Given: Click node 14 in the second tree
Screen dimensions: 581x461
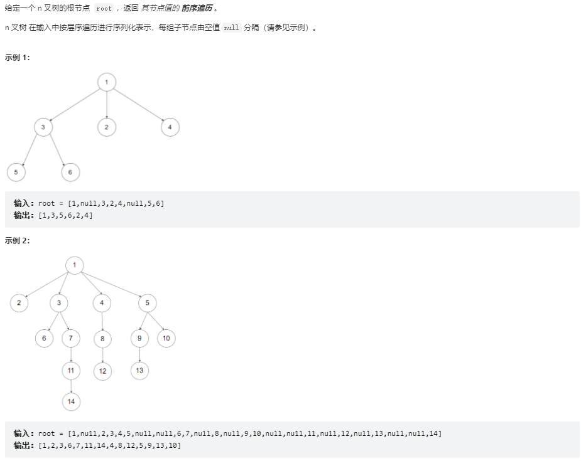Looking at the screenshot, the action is [x=71, y=401].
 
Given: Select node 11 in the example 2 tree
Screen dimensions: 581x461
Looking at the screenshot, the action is [x=71, y=370].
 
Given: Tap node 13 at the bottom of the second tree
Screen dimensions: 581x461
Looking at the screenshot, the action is [x=139, y=370].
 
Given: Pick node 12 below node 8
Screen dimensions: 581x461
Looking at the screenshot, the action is [x=102, y=371].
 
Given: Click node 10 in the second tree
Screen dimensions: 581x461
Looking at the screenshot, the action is [x=166, y=338].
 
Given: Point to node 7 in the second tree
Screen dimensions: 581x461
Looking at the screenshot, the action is [x=71, y=338].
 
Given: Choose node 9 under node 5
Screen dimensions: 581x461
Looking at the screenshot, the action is [x=139, y=338].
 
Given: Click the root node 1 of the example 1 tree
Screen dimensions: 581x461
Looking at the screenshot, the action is [x=107, y=82].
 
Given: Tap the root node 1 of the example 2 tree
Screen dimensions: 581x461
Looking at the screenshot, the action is [x=74, y=265].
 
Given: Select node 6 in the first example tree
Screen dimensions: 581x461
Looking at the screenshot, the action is [x=70, y=172].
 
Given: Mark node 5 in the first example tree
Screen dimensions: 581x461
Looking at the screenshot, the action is [x=16, y=172].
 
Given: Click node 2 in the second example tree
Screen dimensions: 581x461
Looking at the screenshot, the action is [x=19, y=303].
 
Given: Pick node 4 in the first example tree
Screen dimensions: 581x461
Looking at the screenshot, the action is [x=170, y=127].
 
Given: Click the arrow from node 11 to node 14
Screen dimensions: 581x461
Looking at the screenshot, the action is [x=71, y=386].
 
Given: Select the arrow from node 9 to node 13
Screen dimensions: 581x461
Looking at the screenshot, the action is [x=139, y=354].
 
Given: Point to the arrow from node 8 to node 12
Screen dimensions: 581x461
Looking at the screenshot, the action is [x=102, y=354].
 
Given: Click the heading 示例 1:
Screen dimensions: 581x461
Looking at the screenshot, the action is [x=18, y=57].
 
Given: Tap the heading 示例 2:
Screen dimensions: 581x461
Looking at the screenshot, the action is [x=18, y=240].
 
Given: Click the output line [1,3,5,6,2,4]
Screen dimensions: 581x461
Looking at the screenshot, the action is [x=53, y=215].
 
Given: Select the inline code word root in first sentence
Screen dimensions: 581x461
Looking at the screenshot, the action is [x=104, y=9].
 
